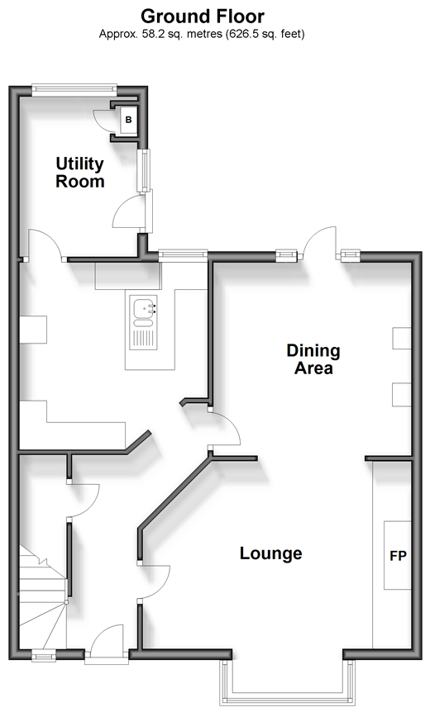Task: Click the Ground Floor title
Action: [203, 17]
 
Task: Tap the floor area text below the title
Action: [202, 34]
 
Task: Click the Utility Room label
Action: [80, 172]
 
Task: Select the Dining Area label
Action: [313, 359]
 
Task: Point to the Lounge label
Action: [271, 553]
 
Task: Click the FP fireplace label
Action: [398, 555]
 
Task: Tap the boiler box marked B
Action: [128, 120]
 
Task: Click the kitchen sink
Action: [143, 322]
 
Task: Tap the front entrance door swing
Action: [107, 640]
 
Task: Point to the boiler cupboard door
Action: [103, 121]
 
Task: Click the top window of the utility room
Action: [74, 89]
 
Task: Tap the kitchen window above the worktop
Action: [183, 254]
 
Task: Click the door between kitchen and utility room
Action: [45, 245]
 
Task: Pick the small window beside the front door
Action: [44, 654]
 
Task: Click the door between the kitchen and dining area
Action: [226, 429]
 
